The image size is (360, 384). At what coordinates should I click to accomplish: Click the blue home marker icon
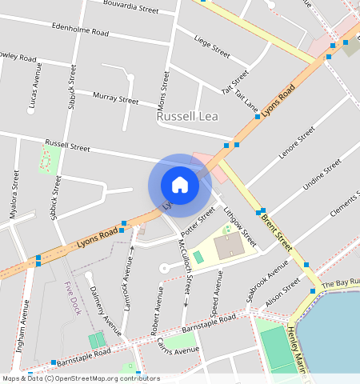(x=180, y=185)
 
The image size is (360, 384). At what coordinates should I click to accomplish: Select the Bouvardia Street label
(x=131, y=7)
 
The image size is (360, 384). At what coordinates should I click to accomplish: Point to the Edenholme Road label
(x=79, y=30)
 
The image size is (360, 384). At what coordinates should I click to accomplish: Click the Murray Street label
(x=116, y=98)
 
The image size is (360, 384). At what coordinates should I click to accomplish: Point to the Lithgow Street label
(x=240, y=226)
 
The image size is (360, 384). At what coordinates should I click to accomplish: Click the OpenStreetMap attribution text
(x=80, y=378)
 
